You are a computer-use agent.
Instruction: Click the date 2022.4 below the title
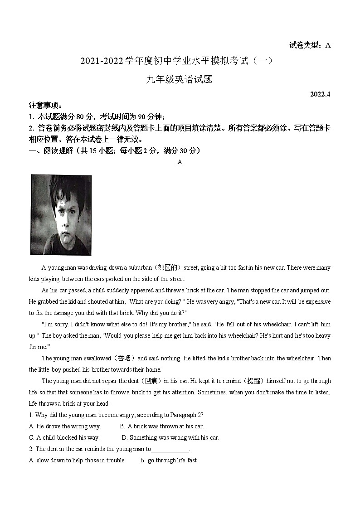pos(321,94)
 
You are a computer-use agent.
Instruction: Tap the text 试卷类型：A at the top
pos(310,45)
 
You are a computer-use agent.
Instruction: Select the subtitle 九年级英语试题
pos(180,79)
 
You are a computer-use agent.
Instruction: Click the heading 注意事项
pos(44,105)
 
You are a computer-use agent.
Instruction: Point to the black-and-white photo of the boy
pos(61,215)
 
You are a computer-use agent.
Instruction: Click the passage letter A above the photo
pos(180,162)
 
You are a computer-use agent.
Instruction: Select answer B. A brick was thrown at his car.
pos(162,426)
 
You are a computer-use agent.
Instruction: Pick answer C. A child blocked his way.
pos(64,437)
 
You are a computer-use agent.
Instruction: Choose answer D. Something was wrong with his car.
pos(170,437)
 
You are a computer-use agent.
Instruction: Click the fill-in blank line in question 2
pos(170,450)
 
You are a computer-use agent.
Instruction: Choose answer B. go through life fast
pos(168,460)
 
